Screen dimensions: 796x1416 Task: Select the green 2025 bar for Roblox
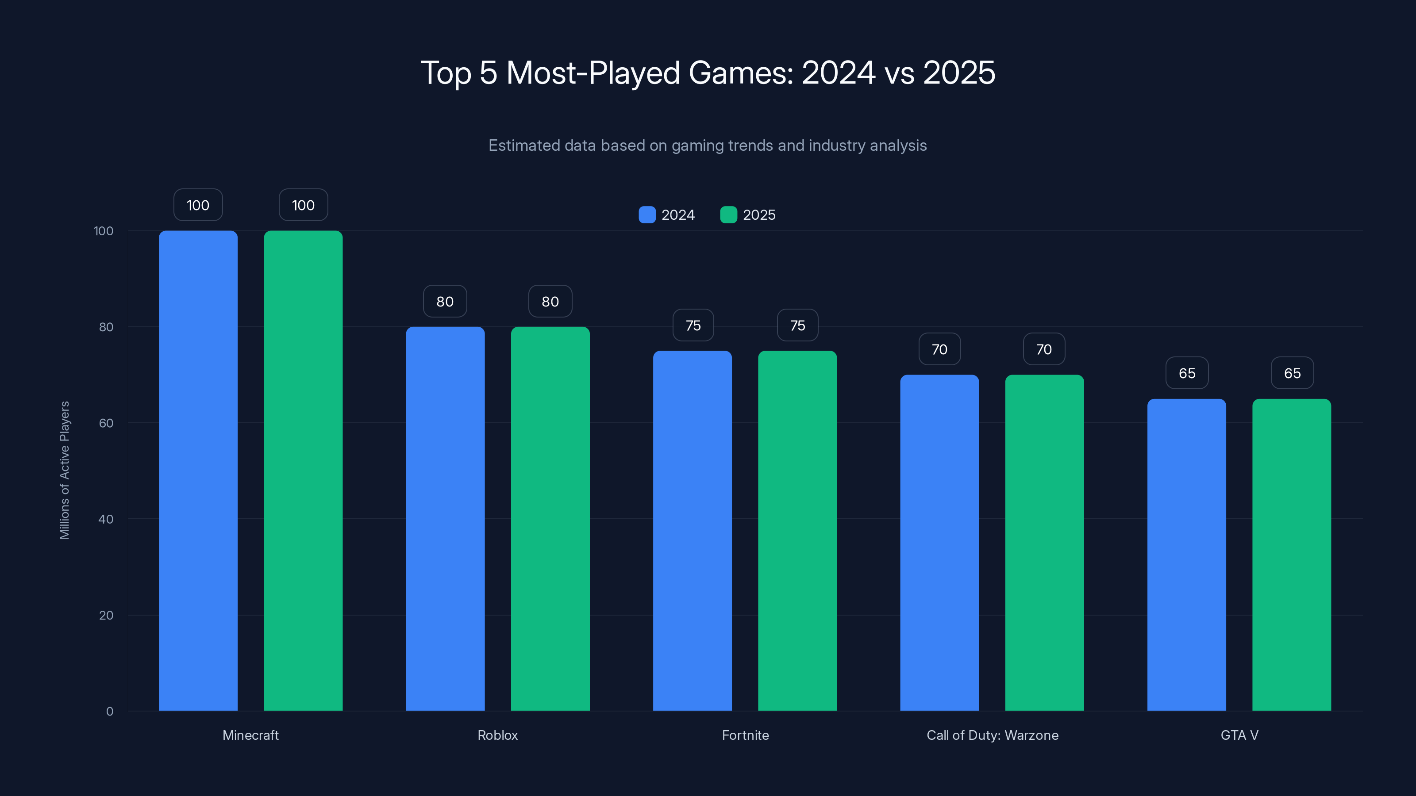(550, 519)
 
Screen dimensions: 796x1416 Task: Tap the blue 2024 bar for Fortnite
(692, 531)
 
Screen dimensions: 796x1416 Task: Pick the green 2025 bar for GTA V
(1291, 555)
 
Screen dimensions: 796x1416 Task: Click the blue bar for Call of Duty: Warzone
(939, 543)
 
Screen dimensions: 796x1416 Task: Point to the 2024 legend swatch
(647, 215)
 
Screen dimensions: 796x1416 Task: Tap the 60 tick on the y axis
(106, 423)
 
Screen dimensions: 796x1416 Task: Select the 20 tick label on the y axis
(106, 615)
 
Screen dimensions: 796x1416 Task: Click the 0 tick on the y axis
(109, 712)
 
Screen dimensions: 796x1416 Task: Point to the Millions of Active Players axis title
(64, 470)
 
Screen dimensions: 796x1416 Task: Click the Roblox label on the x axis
(497, 735)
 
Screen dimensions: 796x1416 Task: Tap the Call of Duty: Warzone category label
(992, 735)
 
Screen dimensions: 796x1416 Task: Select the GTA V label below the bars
(1239, 735)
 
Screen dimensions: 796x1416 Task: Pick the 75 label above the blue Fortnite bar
(693, 325)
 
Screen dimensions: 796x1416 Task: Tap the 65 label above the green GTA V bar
(1292, 373)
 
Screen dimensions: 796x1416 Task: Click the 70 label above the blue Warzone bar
(939, 349)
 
